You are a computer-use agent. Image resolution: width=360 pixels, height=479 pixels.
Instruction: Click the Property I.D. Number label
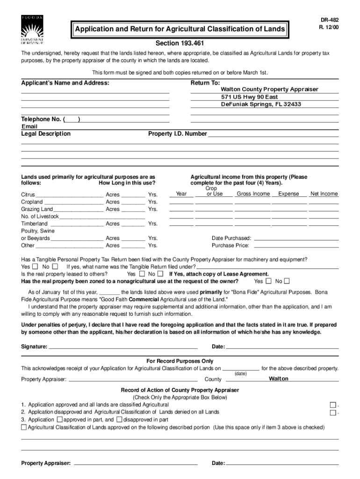178,134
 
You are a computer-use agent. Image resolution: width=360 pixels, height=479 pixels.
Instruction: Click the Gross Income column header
253,194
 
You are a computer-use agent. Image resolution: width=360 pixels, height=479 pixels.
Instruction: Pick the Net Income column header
324,194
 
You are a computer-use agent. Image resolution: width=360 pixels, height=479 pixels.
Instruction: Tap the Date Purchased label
231,238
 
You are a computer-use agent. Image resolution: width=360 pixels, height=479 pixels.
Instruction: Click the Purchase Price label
230,245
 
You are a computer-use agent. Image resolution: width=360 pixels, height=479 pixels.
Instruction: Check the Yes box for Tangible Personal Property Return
36,267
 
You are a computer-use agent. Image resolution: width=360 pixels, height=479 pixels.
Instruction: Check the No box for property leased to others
160,274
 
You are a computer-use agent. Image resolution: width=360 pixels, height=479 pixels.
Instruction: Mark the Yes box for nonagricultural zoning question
268,281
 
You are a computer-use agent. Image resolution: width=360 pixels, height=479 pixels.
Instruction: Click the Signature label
34,347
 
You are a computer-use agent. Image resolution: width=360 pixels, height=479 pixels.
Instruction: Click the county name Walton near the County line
279,378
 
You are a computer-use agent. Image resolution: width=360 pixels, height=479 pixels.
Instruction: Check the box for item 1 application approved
333,405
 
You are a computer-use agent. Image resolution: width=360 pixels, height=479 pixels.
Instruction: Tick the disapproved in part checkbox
119,420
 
